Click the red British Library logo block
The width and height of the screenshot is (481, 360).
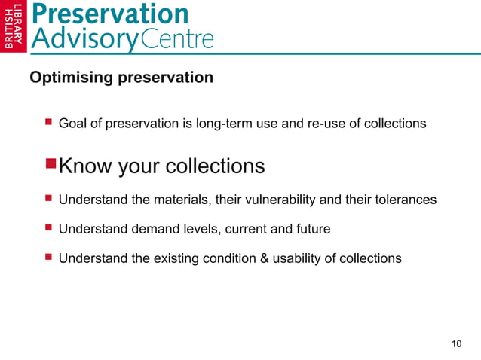(x=14, y=27)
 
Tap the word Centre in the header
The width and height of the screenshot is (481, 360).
(x=177, y=38)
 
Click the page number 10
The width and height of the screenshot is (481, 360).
(x=456, y=344)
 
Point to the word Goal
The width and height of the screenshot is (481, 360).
(x=72, y=123)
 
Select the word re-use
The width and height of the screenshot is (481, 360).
(x=324, y=123)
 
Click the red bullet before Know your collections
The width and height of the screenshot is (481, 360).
(x=50, y=165)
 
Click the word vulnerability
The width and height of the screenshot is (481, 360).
(x=281, y=200)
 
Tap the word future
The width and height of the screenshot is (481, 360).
(x=310, y=229)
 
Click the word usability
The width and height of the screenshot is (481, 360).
(x=296, y=258)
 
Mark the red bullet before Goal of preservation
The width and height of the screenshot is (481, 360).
(x=47, y=122)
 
